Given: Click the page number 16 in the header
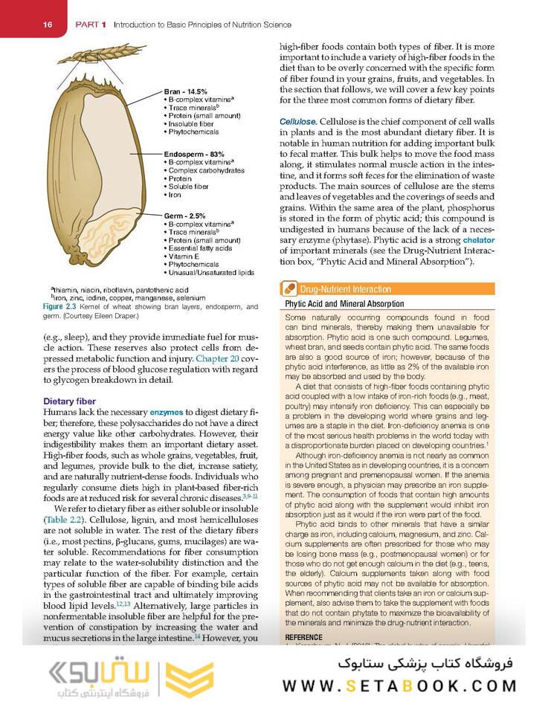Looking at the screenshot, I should [48, 25].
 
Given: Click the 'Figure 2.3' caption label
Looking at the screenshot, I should [62, 306].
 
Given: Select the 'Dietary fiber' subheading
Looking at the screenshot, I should [69, 401].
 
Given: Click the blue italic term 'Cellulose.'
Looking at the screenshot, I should [298, 120].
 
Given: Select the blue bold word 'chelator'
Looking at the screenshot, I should [478, 240].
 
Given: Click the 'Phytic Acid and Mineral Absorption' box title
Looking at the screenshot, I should [344, 304].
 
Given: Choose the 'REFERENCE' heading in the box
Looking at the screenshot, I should [305, 638].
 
